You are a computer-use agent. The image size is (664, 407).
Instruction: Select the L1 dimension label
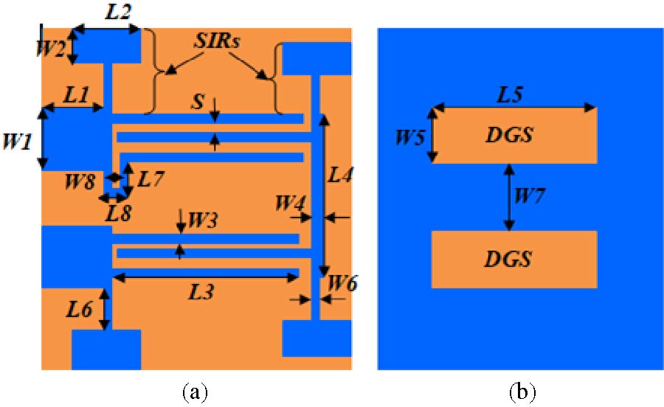75,94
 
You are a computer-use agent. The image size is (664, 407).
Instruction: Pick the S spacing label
198,103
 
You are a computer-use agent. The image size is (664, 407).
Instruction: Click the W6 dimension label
342,282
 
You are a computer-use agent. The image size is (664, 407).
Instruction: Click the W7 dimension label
530,196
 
